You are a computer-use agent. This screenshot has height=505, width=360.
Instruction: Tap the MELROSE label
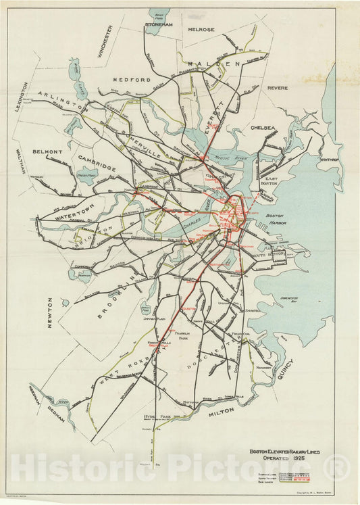[x=200, y=30]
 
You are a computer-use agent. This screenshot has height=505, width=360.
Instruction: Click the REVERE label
[x=277, y=88]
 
